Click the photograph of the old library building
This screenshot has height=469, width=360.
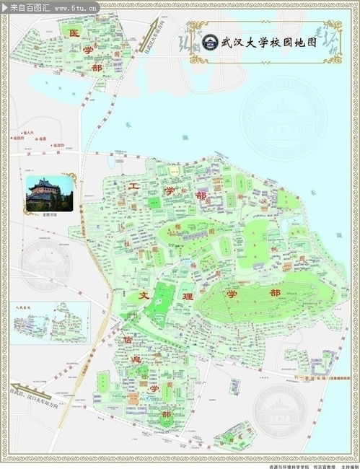coord(50,193)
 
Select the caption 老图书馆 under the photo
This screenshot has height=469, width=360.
coord(50,214)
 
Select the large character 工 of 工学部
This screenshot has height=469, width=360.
coord(133,186)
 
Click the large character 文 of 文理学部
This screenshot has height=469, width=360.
coord(142,296)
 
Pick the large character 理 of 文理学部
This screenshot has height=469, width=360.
coord(188,296)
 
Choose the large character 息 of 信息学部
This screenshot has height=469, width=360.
coord(137,359)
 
